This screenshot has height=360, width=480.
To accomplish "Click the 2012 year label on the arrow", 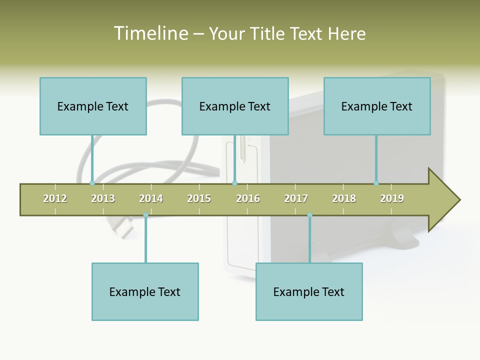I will [55, 198].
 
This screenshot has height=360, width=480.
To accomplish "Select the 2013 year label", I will [103, 198].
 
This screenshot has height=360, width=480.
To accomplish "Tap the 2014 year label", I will [151, 198].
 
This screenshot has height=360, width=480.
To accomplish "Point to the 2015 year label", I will [199, 198].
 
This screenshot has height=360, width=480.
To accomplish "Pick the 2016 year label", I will [248, 198].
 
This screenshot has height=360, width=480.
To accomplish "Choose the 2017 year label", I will [296, 198].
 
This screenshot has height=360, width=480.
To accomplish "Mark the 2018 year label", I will [344, 198].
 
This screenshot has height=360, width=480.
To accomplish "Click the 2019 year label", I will [392, 198].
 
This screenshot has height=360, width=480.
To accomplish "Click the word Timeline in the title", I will [150, 33].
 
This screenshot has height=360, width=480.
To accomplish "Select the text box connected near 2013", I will [93, 106].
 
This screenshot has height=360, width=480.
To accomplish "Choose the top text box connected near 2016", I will [235, 106].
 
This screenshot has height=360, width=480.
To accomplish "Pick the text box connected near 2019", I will [377, 106].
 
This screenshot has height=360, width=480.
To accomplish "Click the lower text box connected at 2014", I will [145, 291].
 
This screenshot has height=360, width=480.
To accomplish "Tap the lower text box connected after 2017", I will [309, 291].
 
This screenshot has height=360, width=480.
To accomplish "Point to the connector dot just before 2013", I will [92, 183].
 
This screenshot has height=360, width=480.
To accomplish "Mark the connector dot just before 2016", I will [235, 183].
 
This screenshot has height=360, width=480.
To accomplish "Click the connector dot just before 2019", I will [376, 183].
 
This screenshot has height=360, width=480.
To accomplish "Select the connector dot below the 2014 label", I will [145, 215].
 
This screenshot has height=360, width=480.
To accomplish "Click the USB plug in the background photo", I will [122, 227].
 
